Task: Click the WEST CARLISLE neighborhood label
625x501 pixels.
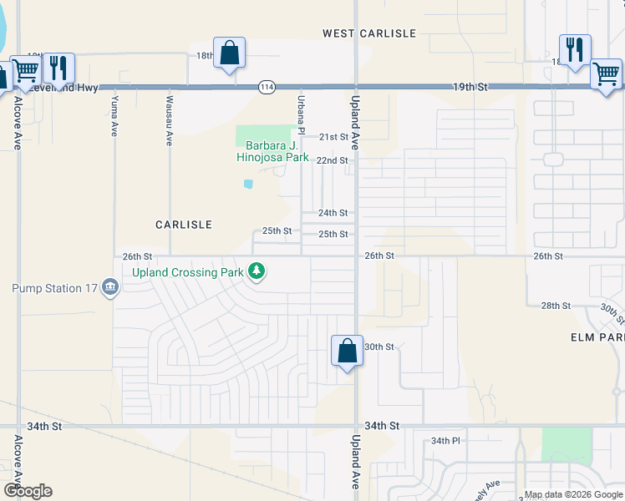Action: click(x=369, y=33)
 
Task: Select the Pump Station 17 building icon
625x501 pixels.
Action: click(x=109, y=289)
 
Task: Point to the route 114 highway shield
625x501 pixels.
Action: click(x=267, y=87)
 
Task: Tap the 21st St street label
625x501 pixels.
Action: click(x=333, y=137)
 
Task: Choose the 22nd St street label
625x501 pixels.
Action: click(x=333, y=160)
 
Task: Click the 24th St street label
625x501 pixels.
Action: click(x=333, y=214)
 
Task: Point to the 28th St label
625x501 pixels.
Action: click(x=555, y=306)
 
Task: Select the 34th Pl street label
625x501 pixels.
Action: click(x=445, y=441)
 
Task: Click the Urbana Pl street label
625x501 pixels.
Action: click(x=300, y=114)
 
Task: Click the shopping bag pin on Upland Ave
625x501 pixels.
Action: click(x=347, y=351)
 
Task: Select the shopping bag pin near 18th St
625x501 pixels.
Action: click(x=229, y=53)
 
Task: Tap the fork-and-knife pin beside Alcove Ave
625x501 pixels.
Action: click(x=58, y=68)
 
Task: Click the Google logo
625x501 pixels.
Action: click(x=28, y=491)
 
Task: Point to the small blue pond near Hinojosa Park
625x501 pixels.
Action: click(x=248, y=184)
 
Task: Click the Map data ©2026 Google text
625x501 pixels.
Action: click(x=572, y=494)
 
